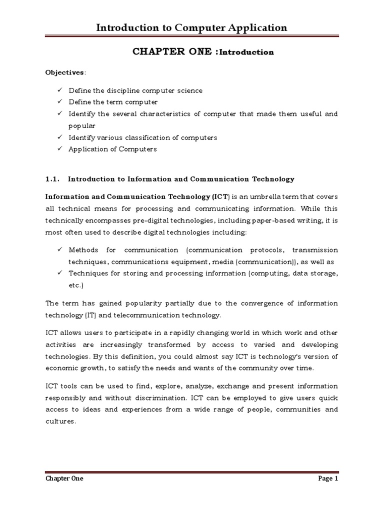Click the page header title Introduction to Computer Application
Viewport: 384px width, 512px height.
(x=191, y=27)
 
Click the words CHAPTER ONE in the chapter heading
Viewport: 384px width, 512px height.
(x=156, y=52)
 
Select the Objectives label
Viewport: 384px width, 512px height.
(x=64, y=72)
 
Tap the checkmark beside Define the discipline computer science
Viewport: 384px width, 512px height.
(x=59, y=90)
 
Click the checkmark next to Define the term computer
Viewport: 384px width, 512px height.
(x=59, y=102)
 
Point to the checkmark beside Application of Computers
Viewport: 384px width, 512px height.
(x=59, y=149)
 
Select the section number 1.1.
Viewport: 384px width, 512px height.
(x=53, y=178)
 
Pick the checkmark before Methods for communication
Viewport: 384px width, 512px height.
(x=59, y=250)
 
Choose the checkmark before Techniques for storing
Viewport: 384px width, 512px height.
(x=59, y=273)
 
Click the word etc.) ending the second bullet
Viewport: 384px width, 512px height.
(x=76, y=285)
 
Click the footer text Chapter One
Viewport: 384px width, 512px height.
(x=64, y=478)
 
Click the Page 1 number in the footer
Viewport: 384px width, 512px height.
(x=328, y=478)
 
